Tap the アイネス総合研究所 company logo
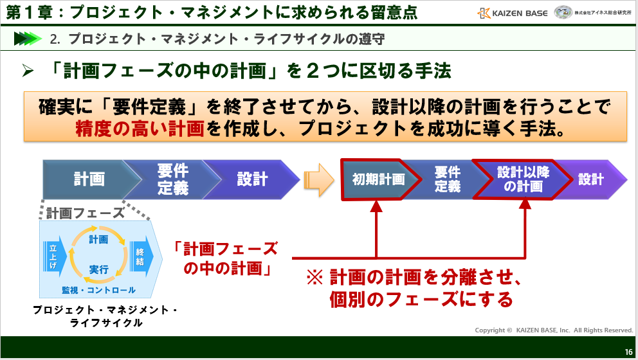(593, 12)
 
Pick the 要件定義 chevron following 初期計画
(448, 179)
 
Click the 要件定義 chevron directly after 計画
(172, 179)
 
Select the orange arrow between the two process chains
(319, 179)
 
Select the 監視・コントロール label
(98, 290)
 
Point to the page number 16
(628, 351)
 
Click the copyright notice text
(554, 330)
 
